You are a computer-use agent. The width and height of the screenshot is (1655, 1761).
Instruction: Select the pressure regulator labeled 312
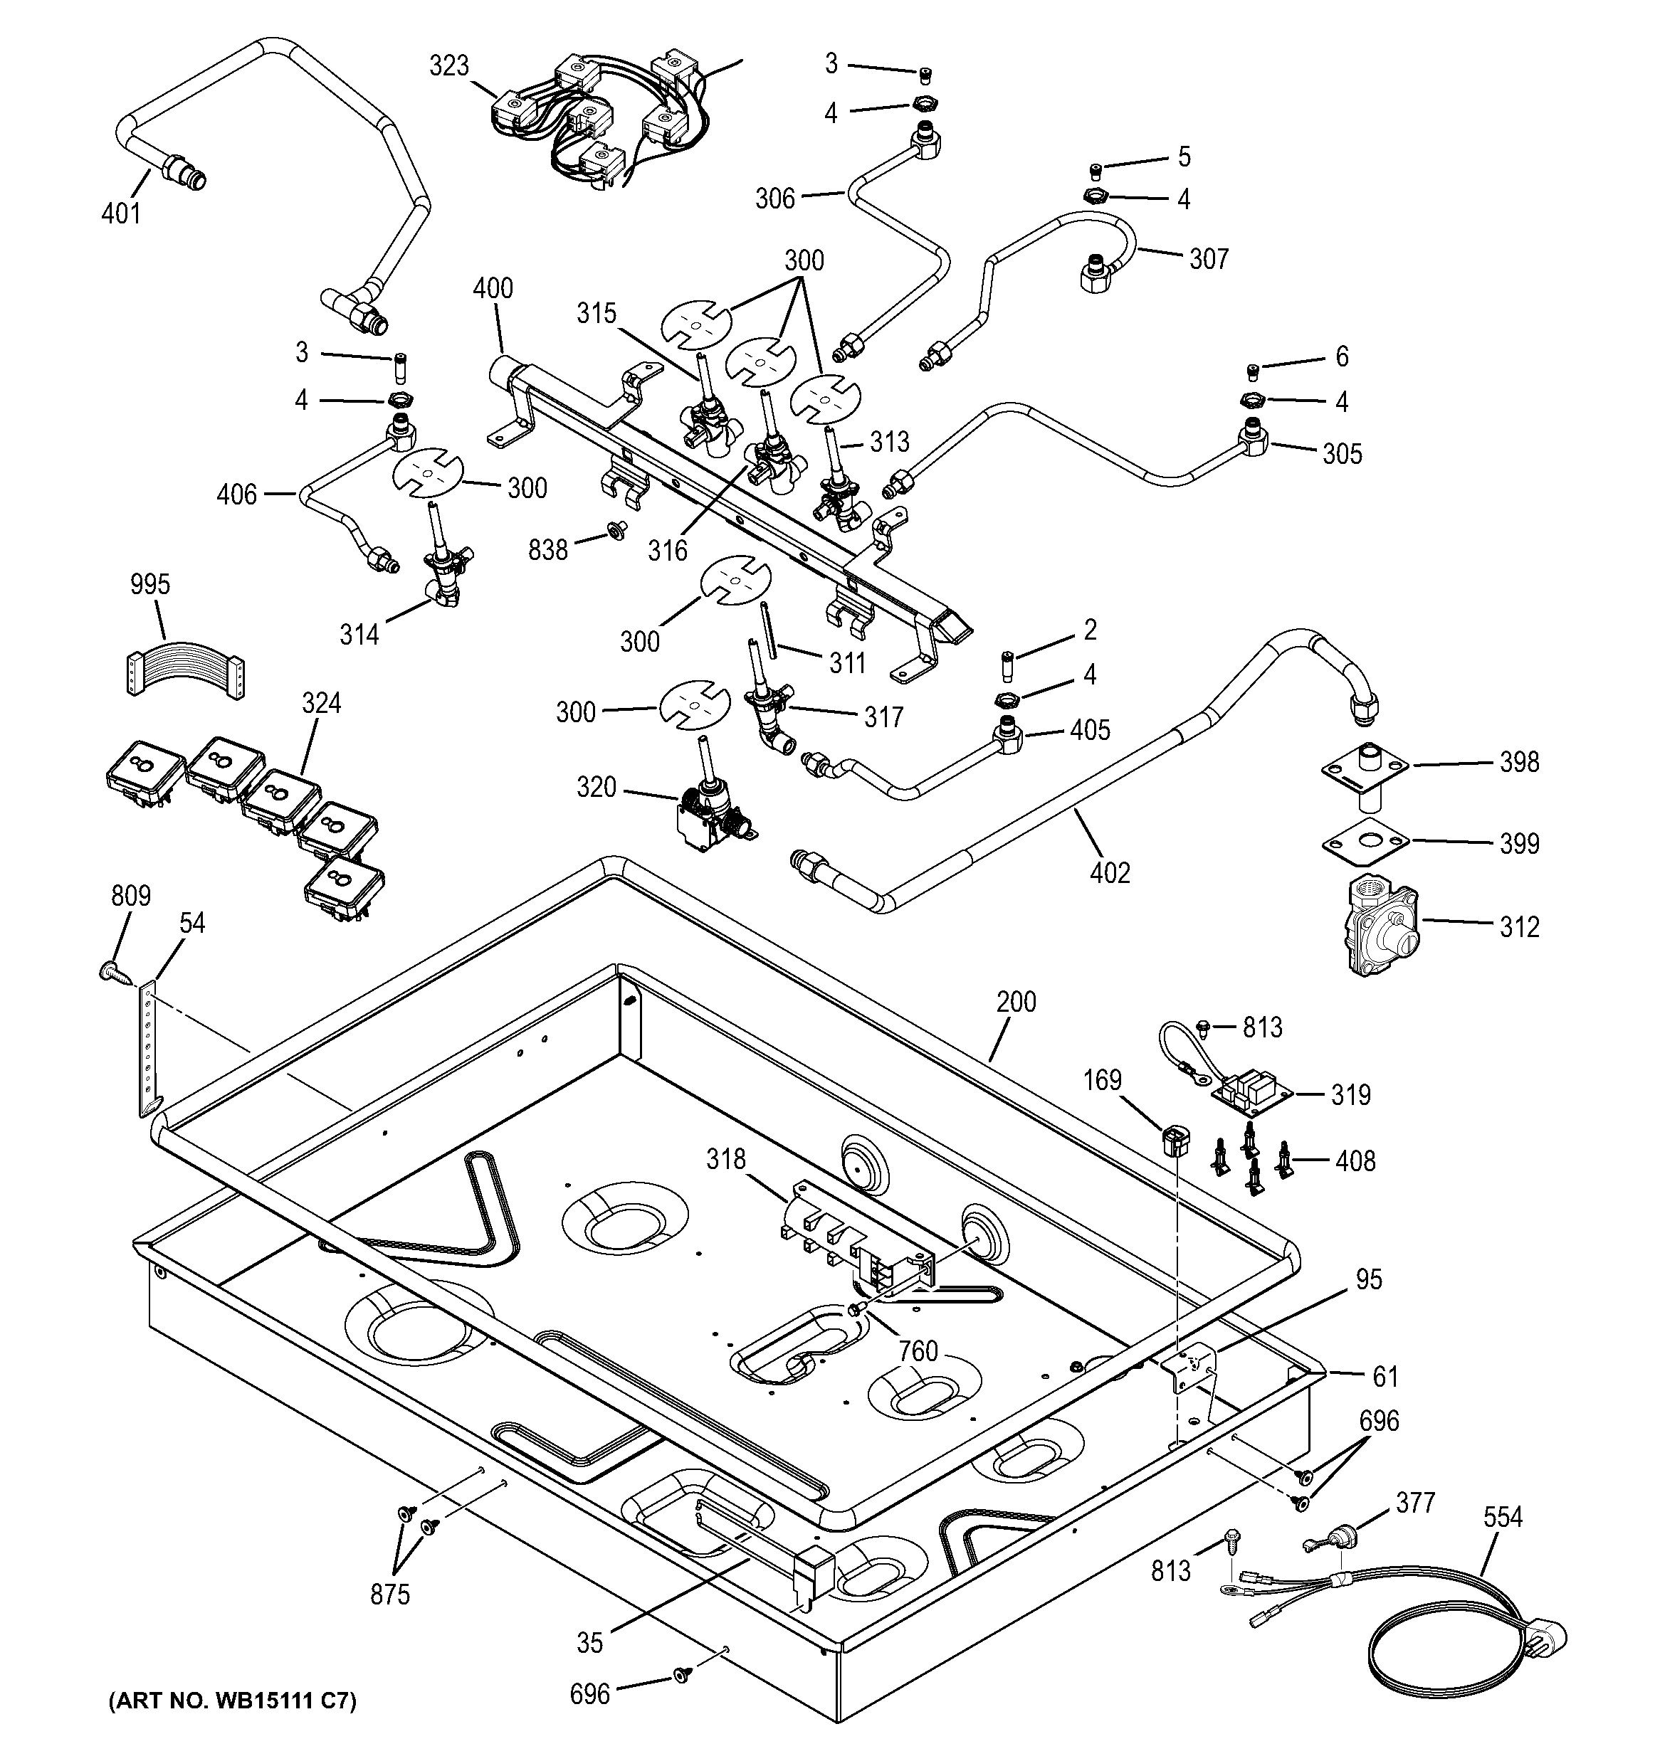click(x=1381, y=926)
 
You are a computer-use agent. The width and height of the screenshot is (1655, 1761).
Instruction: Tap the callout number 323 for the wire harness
click(x=449, y=66)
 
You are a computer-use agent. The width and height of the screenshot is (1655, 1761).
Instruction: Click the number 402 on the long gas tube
click(x=1109, y=874)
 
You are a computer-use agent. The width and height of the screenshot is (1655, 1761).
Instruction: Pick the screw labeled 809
click(x=113, y=973)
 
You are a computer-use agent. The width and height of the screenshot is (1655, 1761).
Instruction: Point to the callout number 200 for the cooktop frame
click(x=1015, y=1002)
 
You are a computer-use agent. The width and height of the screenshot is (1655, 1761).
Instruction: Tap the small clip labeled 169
click(x=1174, y=1139)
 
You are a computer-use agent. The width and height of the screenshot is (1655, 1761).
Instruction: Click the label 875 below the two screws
click(x=390, y=1595)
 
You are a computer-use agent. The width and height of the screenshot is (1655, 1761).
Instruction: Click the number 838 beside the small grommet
click(x=547, y=550)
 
